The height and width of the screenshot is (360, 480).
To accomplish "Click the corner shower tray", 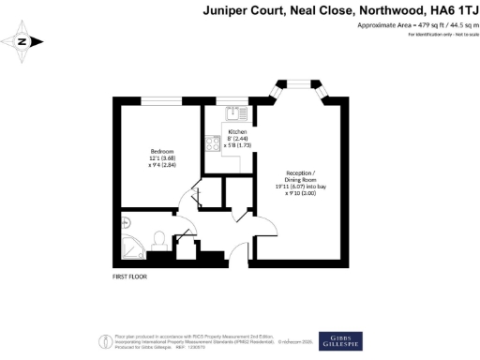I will tap(132, 246).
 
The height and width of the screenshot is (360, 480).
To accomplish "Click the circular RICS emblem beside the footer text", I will tap(104, 339).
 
